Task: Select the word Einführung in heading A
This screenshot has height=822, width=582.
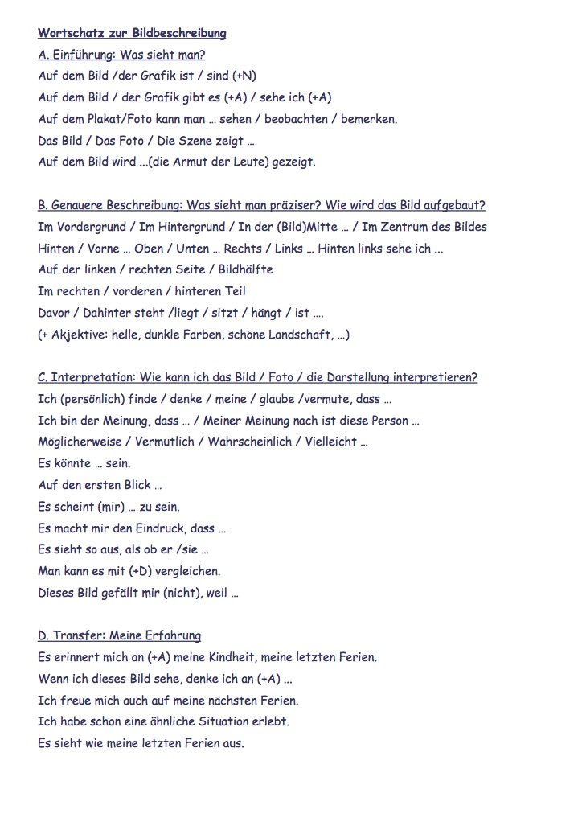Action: (x=84, y=55)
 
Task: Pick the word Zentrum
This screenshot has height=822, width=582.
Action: (x=404, y=227)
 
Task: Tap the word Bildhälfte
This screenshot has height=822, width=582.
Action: (x=246, y=269)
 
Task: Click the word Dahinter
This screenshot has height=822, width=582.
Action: (x=112, y=313)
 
